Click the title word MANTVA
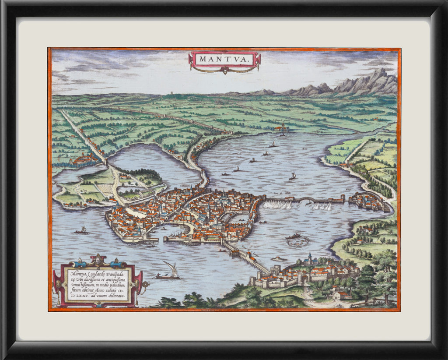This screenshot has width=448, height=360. (x=224, y=59)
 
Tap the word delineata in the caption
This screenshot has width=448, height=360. (x=115, y=296)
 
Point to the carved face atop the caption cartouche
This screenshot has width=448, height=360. (x=98, y=259)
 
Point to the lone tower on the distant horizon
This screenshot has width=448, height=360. (x=171, y=93)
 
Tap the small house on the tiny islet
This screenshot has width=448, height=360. (x=277, y=259)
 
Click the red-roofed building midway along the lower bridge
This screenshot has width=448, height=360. (x=249, y=256)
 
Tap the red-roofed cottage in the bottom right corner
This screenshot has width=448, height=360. (x=339, y=295)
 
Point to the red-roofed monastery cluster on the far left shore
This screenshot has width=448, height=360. (x=85, y=159)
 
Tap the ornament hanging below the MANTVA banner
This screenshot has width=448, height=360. (x=224, y=71)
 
